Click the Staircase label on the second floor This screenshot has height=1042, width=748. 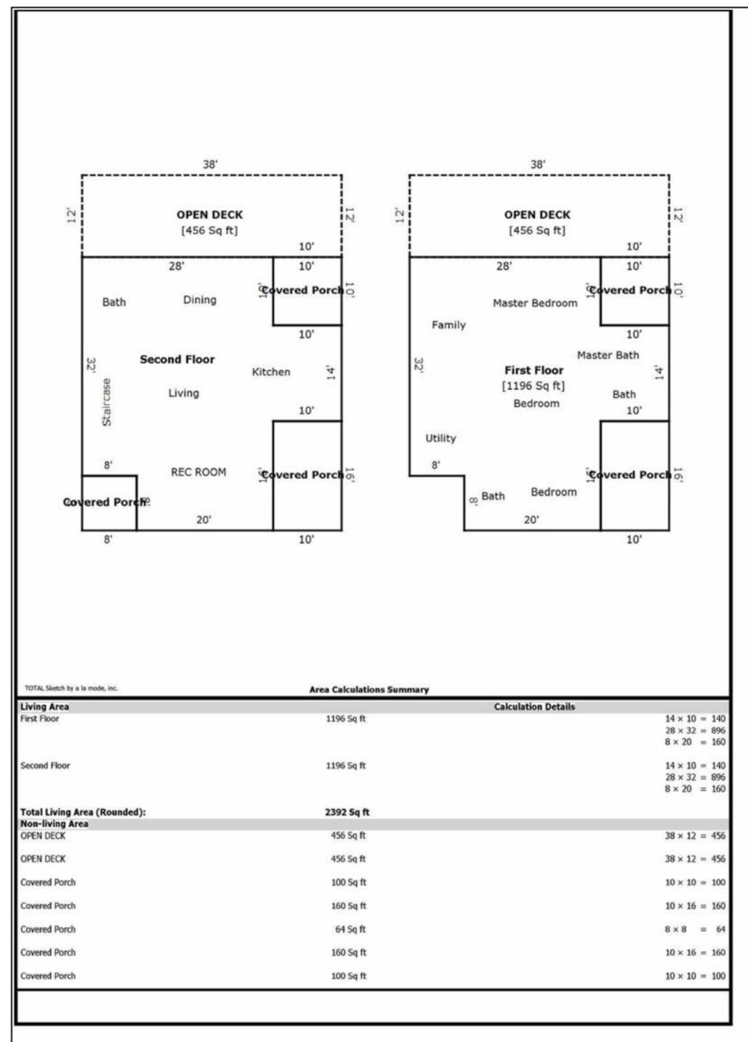107,402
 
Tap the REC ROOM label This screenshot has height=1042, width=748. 198,472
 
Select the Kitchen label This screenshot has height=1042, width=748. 271,372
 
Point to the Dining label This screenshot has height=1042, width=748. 199,300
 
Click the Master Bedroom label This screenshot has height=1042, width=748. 535,302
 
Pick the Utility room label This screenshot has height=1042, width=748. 441,438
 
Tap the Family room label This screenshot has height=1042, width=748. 449,325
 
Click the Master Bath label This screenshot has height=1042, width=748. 608,355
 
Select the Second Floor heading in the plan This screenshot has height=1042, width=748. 177,359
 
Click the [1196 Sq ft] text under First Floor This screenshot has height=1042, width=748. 534,385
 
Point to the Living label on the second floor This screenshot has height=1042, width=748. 183,393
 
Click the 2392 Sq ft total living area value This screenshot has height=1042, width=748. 347,812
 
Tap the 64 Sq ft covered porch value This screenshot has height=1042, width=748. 349,929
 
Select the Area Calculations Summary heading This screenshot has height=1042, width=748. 369,689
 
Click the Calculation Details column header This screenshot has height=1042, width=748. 534,706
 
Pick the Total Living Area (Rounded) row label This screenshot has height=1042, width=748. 83,812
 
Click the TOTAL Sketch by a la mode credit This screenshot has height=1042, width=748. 71,688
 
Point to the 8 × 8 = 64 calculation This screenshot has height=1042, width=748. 694,929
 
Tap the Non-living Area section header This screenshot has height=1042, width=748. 55,824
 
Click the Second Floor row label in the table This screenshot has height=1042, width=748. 45,766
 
